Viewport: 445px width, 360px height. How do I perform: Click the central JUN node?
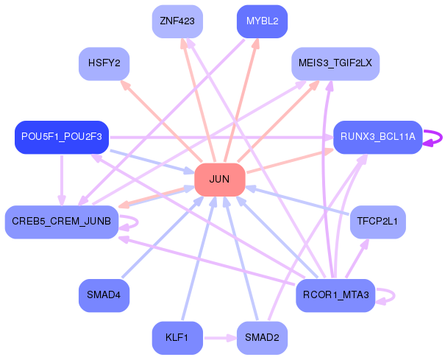(220, 180)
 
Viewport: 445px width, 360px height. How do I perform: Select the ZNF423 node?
(177, 21)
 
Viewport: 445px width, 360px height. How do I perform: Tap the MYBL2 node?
(263, 21)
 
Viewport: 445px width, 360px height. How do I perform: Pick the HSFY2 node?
(104, 63)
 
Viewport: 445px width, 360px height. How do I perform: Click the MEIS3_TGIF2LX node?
(335, 63)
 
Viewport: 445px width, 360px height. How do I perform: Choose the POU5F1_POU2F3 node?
(62, 137)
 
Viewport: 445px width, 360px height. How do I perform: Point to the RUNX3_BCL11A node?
(378, 137)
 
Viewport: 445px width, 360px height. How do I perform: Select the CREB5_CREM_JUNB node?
(62, 222)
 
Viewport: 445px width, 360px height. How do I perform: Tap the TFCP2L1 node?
(378, 222)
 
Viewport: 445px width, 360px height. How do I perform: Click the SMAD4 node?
(104, 295)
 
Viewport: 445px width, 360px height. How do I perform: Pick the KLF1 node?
(177, 338)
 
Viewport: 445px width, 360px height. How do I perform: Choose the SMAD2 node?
(263, 338)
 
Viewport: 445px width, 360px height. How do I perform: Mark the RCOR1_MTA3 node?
(335, 295)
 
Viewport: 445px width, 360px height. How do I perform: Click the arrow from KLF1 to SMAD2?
(220, 338)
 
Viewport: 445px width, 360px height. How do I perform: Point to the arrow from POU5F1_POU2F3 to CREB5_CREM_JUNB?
(62, 180)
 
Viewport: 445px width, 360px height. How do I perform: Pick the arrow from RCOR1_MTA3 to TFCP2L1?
(357, 258)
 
